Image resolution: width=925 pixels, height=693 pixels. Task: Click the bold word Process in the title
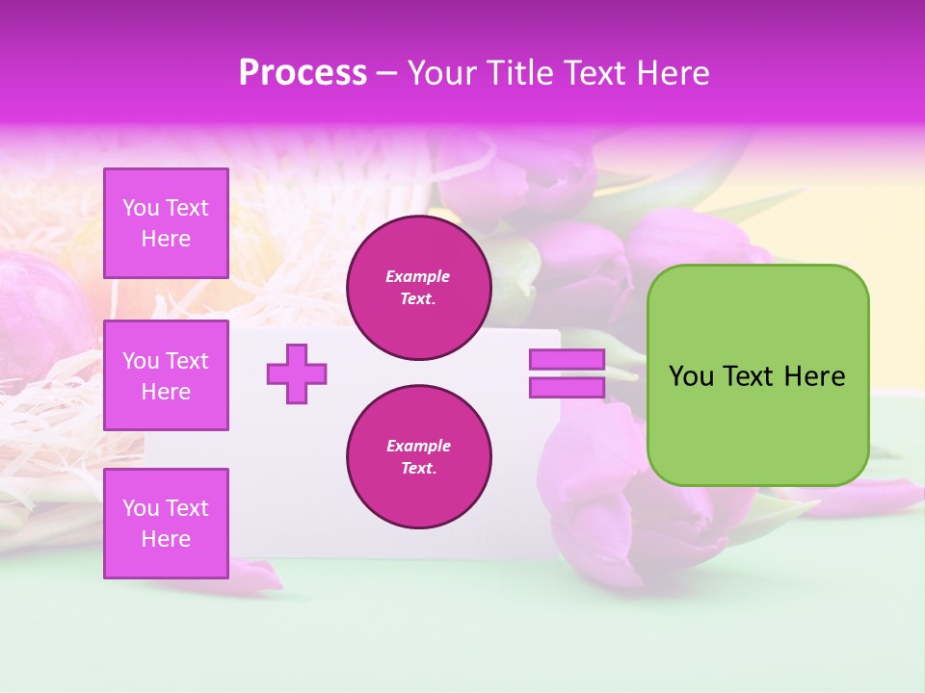coord(303,73)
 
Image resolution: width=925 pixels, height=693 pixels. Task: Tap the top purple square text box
coord(166,223)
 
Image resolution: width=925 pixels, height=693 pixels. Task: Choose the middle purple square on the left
coord(166,375)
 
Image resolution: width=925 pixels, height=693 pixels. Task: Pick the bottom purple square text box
coord(166,524)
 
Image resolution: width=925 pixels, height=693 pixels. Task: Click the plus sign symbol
coord(296,373)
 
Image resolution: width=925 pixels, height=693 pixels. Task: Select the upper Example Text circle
coord(418,288)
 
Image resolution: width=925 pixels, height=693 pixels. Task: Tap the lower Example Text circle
coord(418,457)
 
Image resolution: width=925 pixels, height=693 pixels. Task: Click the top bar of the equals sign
coord(567,360)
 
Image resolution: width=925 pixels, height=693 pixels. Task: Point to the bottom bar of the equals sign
coord(567,388)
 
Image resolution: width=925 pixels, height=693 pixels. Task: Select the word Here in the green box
coord(815,376)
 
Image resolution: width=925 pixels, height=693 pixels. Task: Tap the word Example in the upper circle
coord(418,277)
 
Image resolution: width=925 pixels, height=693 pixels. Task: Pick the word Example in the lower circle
coord(418,447)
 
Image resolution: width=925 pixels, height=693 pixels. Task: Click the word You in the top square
coord(141,208)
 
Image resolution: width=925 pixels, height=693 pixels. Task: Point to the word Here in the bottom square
coord(166,540)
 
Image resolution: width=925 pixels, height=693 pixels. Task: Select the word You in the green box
coord(691,376)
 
